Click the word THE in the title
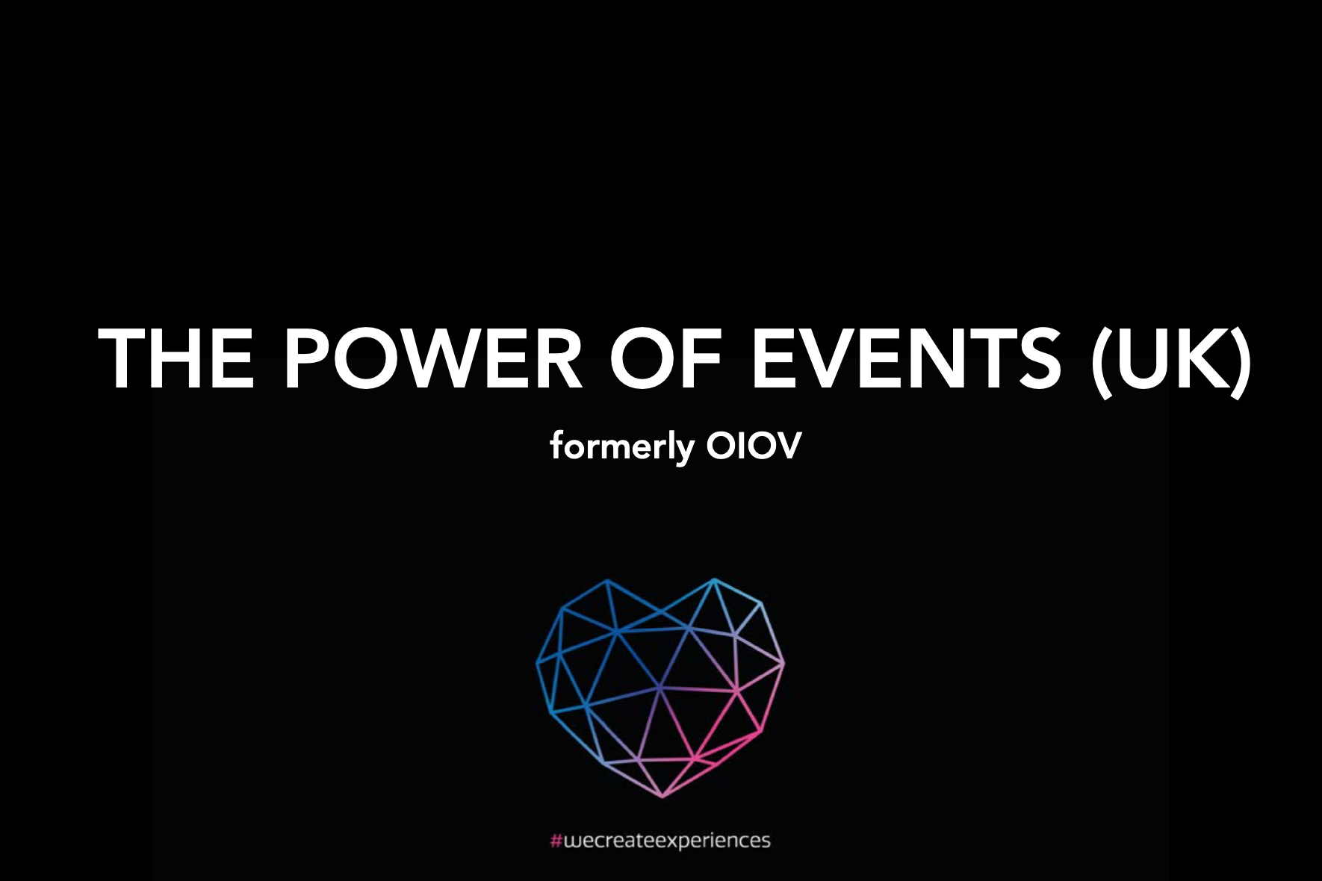pyautogui.click(x=176, y=358)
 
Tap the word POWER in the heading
pyautogui.click(x=433, y=358)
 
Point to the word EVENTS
pyautogui.click(x=906, y=358)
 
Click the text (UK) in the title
pyautogui.click(x=1171, y=362)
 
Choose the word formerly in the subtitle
pyautogui.click(x=622, y=447)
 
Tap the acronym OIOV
pyautogui.click(x=754, y=446)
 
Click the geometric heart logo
pyautogui.click(x=660, y=688)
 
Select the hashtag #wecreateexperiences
pyautogui.click(x=660, y=841)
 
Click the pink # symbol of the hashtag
pyautogui.click(x=556, y=841)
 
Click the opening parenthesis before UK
pyautogui.click(x=1100, y=362)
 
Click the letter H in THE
pyautogui.click(x=178, y=358)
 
